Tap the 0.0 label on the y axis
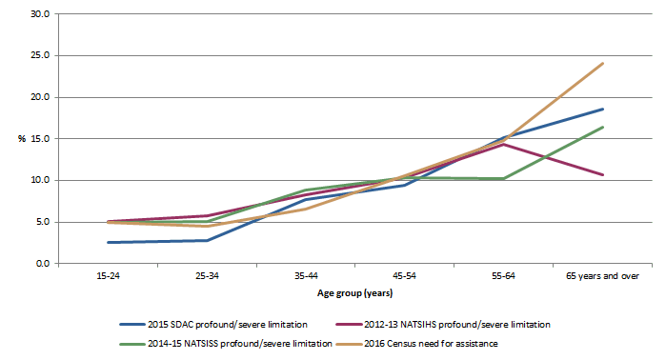point(41,264)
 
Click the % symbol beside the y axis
point(21,139)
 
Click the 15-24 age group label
point(108,275)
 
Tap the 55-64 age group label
point(504,275)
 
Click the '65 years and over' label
point(603,275)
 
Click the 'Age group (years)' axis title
point(355,293)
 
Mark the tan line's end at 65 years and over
point(603,64)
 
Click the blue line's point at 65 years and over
point(603,109)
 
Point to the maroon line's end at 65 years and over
point(603,174)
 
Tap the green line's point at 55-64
point(504,178)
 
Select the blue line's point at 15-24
point(108,242)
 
